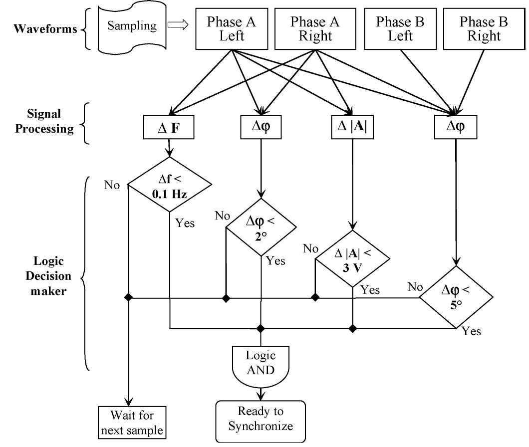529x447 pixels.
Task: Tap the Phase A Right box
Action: (x=314, y=29)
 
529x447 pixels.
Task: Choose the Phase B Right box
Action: (x=480, y=29)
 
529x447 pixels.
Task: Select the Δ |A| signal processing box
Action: (x=352, y=129)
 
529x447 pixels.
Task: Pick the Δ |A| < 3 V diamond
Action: (x=353, y=258)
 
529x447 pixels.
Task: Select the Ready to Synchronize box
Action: (x=260, y=419)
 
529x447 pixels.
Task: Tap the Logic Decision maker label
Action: (x=52, y=276)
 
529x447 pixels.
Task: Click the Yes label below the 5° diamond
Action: (x=471, y=331)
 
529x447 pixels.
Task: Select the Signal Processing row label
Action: (x=44, y=122)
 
